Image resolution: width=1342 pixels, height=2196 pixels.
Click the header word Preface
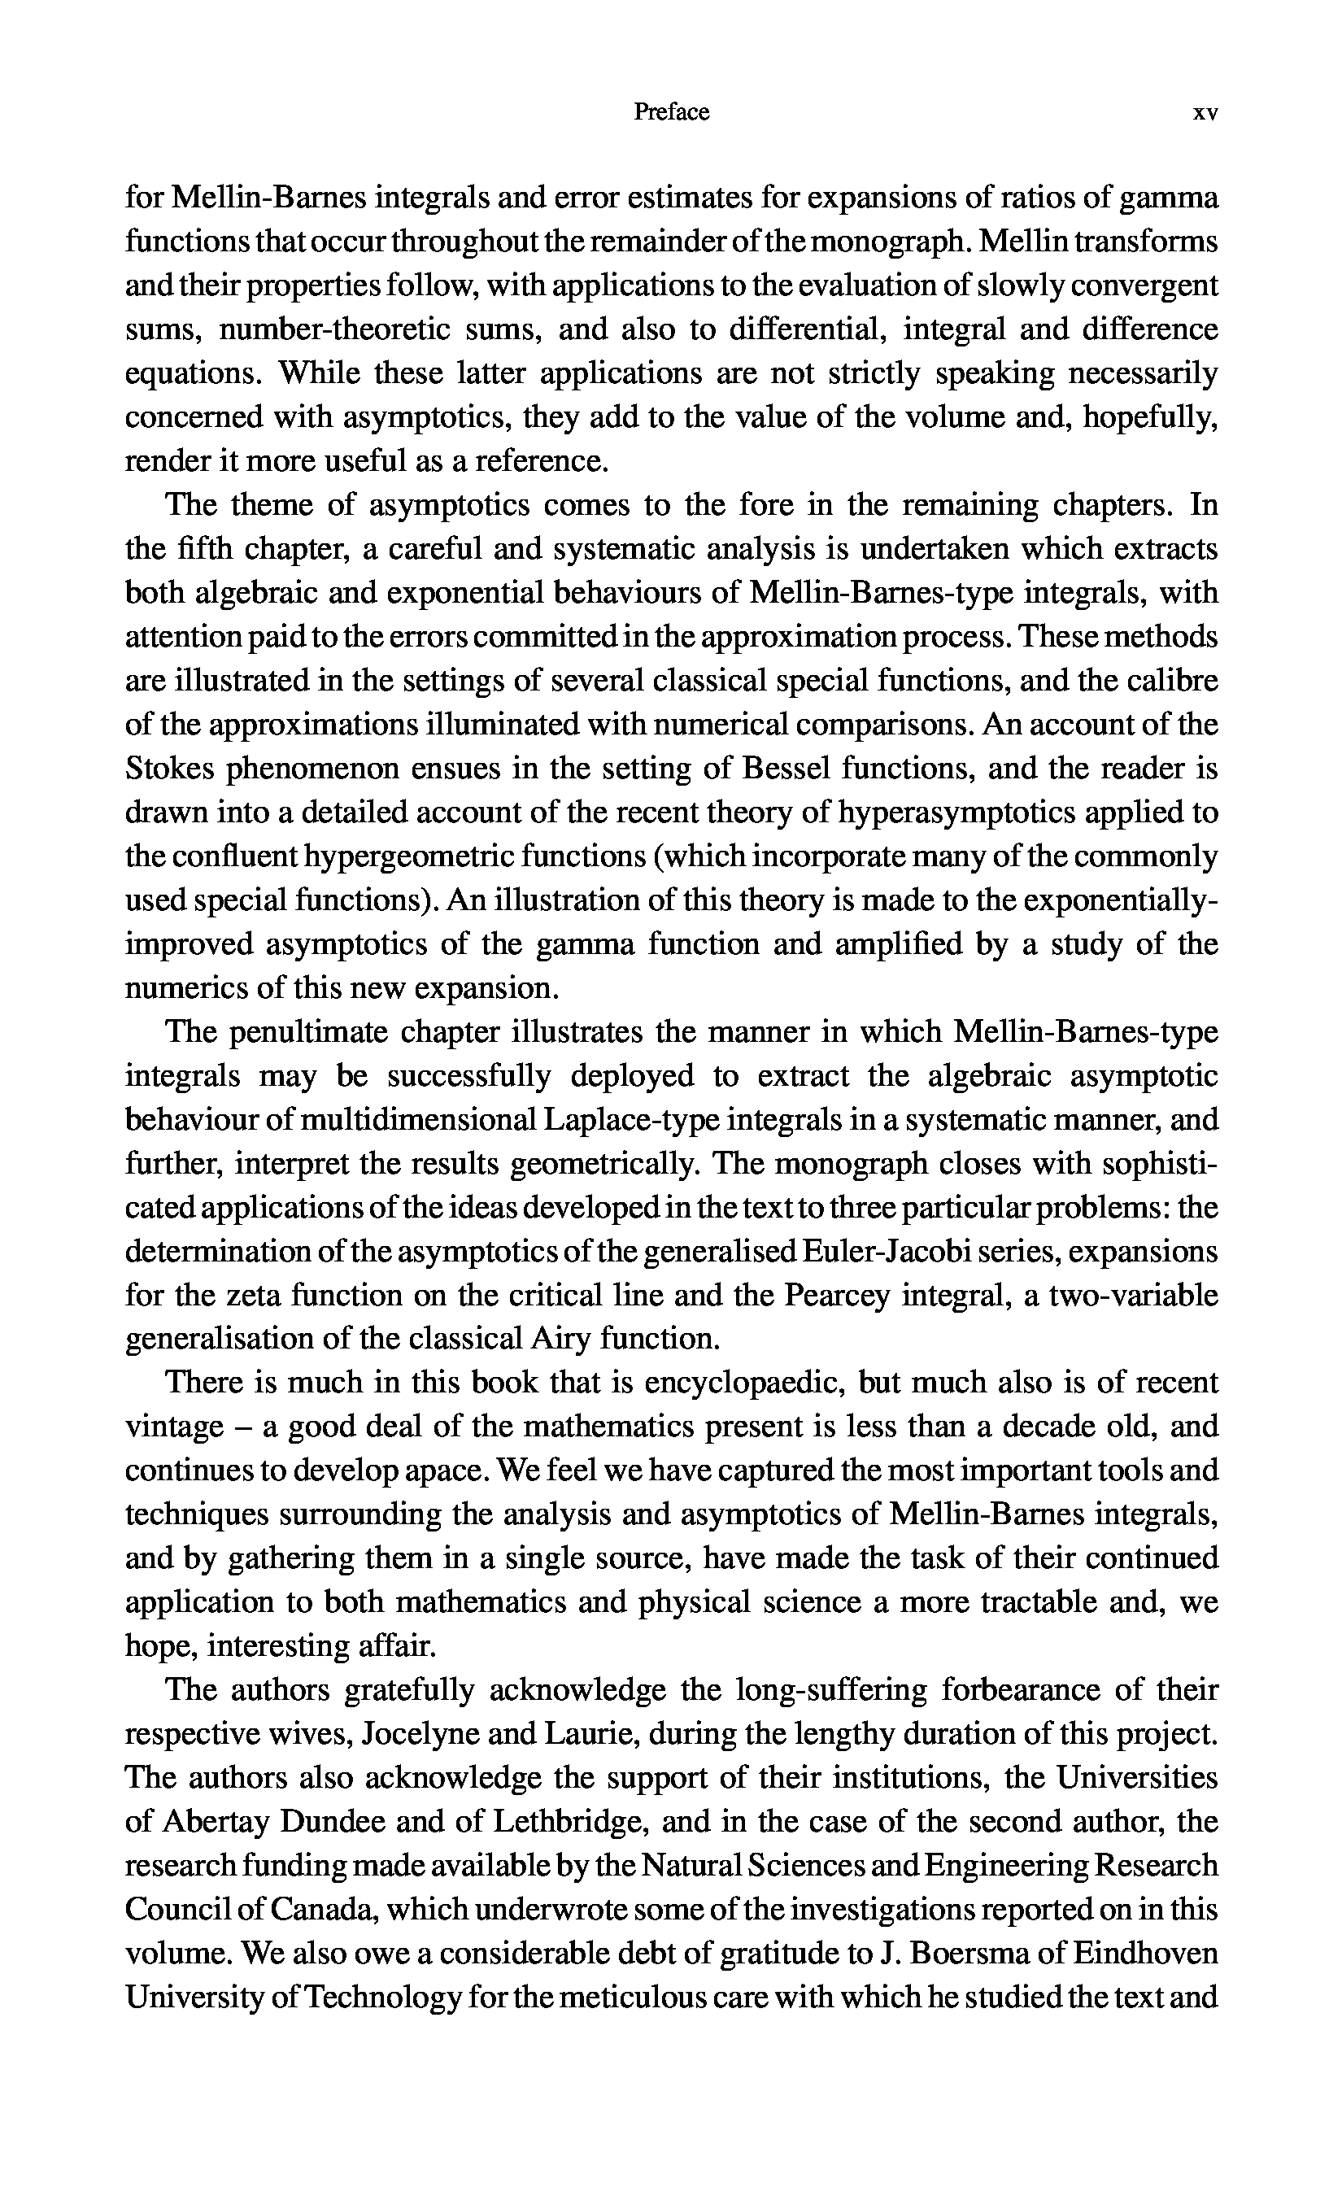click(671, 112)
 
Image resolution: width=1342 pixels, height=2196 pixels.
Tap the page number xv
click(1205, 113)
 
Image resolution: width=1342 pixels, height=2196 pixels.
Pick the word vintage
click(175, 1427)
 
